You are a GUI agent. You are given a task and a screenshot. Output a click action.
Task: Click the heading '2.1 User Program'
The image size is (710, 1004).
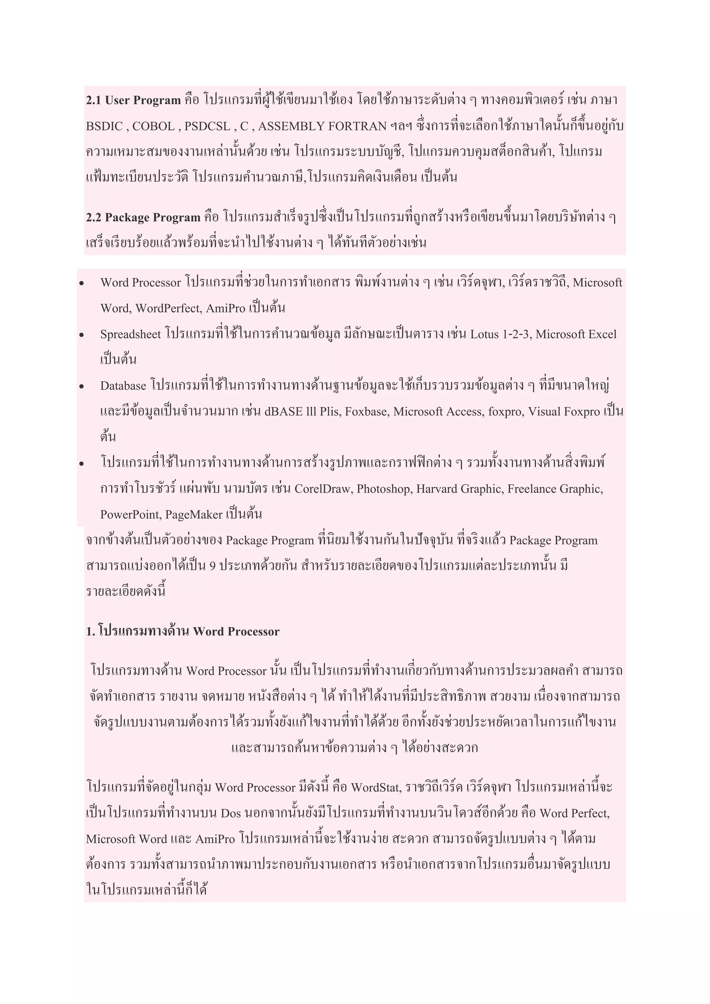[133, 100]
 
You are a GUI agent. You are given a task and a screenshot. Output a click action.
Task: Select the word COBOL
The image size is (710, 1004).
[153, 127]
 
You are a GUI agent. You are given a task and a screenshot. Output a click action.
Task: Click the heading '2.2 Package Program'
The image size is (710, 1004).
[143, 217]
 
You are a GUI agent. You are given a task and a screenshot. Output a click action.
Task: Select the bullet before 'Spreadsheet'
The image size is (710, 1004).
[81, 335]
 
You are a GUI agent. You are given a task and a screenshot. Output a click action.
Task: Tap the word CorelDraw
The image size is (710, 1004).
[323, 489]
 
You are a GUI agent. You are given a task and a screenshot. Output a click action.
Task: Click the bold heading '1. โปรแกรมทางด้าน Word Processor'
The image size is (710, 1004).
[183, 631]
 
